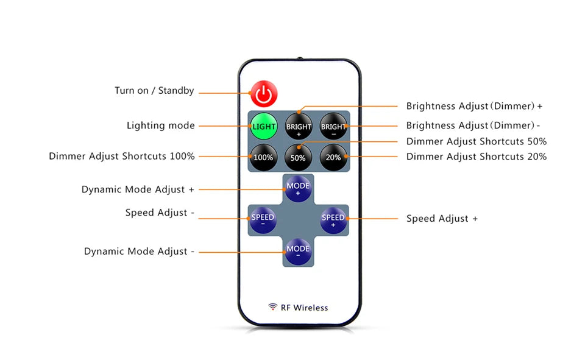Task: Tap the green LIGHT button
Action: [x=263, y=126]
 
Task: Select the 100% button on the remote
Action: [x=263, y=157]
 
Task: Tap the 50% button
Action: [x=298, y=157]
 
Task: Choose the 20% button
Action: [x=333, y=157]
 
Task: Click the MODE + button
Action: [x=298, y=189]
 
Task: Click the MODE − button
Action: [x=298, y=251]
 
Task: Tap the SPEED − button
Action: [x=263, y=220]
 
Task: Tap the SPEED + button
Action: [x=333, y=220]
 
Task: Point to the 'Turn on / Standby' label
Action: [x=154, y=91]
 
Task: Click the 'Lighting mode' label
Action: [x=160, y=125]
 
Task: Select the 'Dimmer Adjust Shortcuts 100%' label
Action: [x=122, y=157]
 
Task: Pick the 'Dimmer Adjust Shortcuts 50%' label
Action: [x=476, y=141]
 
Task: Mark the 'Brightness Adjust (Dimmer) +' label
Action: [x=474, y=106]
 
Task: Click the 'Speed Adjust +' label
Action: [x=442, y=219]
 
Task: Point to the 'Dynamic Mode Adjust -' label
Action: [x=139, y=252]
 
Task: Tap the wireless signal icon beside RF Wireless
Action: [x=272, y=307]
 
